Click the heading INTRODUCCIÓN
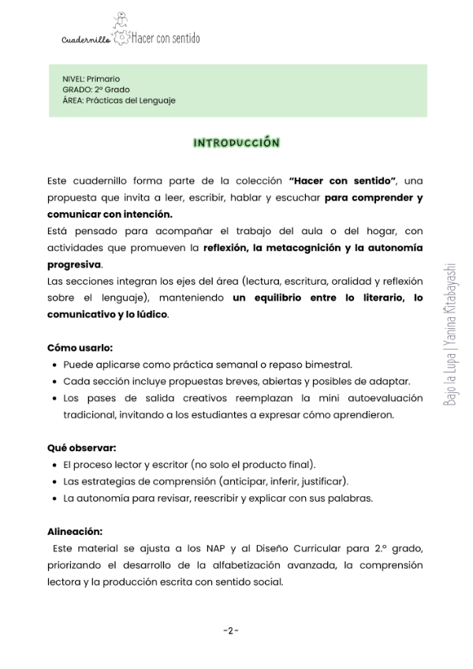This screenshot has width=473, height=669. [x=236, y=143]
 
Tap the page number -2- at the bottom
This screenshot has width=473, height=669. [x=230, y=630]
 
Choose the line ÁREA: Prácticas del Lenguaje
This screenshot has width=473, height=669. [x=118, y=100]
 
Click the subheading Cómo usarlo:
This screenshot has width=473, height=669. [x=80, y=347]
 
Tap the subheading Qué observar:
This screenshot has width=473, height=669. [x=82, y=447]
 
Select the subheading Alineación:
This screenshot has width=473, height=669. [x=75, y=531]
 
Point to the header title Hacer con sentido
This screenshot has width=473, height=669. [x=166, y=38]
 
